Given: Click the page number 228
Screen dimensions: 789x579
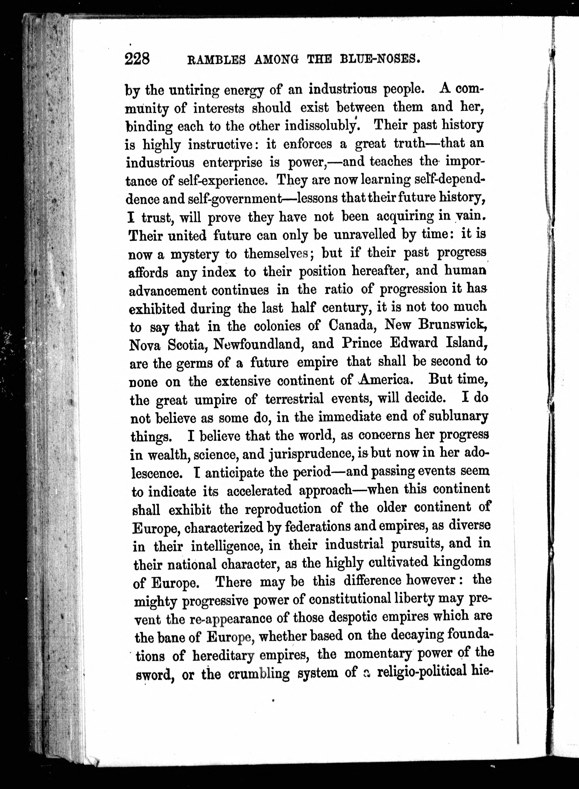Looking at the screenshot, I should [x=137, y=58].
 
